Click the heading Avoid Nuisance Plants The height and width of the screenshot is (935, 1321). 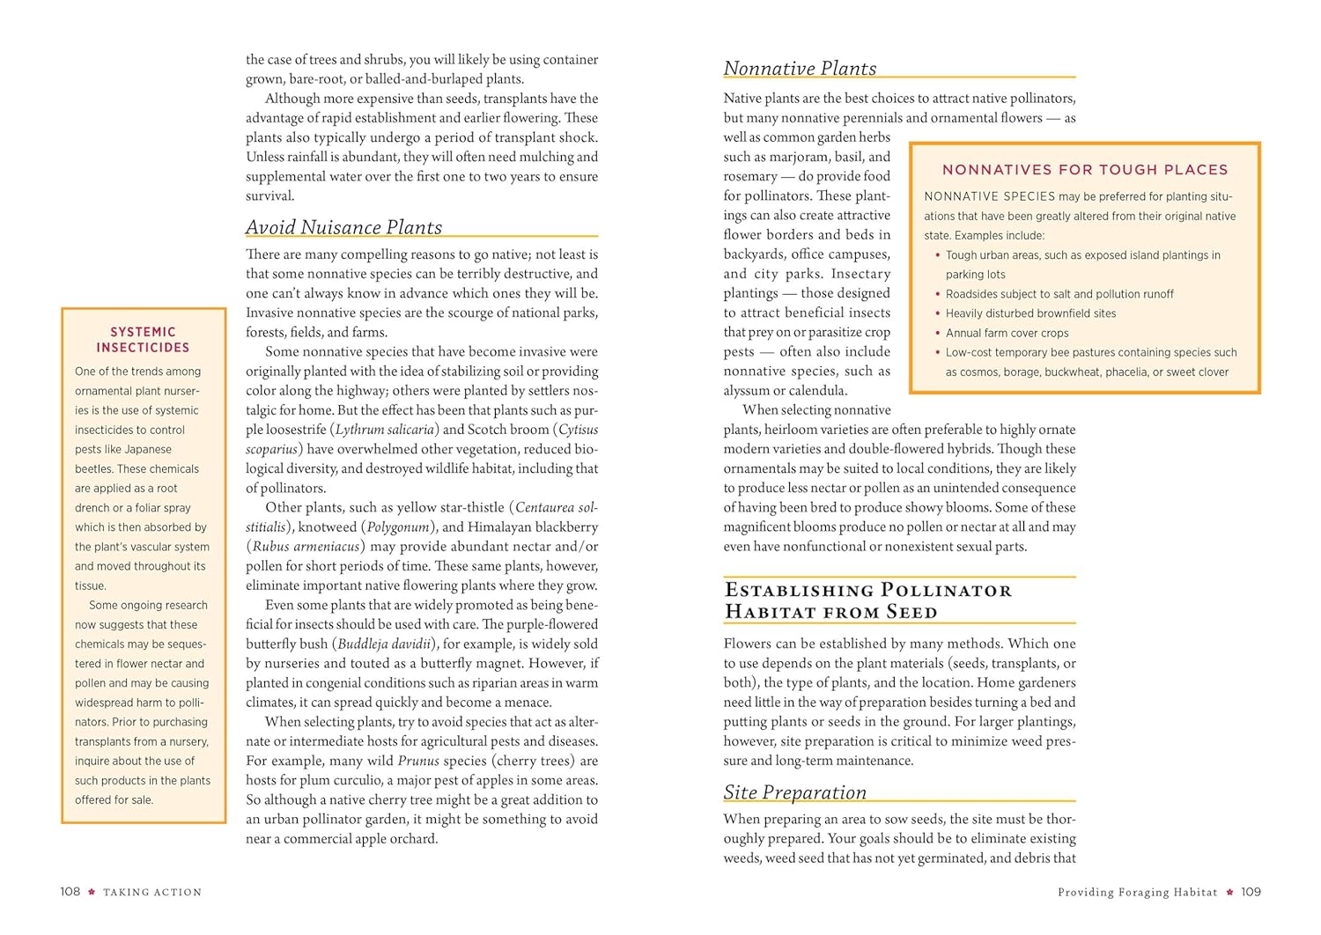pyautogui.click(x=343, y=227)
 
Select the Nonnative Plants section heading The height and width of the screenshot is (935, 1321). pyautogui.click(x=800, y=69)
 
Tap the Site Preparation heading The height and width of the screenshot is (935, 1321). pyautogui.click(x=794, y=792)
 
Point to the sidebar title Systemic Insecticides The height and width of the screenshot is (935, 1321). pyautogui.click(x=143, y=340)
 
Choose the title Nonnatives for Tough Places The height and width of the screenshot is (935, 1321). pyautogui.click(x=1084, y=170)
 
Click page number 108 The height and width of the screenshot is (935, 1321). pyautogui.click(x=70, y=892)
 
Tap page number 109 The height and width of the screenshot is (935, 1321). pyautogui.click(x=1251, y=892)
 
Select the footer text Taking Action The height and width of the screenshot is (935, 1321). pyautogui.click(x=152, y=893)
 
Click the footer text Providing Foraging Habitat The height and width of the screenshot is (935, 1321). pyautogui.click(x=1137, y=893)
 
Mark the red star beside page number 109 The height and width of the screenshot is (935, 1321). pyautogui.click(x=1229, y=892)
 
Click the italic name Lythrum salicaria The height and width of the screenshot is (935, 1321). pyautogui.click(x=385, y=430)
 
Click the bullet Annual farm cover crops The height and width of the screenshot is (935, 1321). pyautogui.click(x=1007, y=333)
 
